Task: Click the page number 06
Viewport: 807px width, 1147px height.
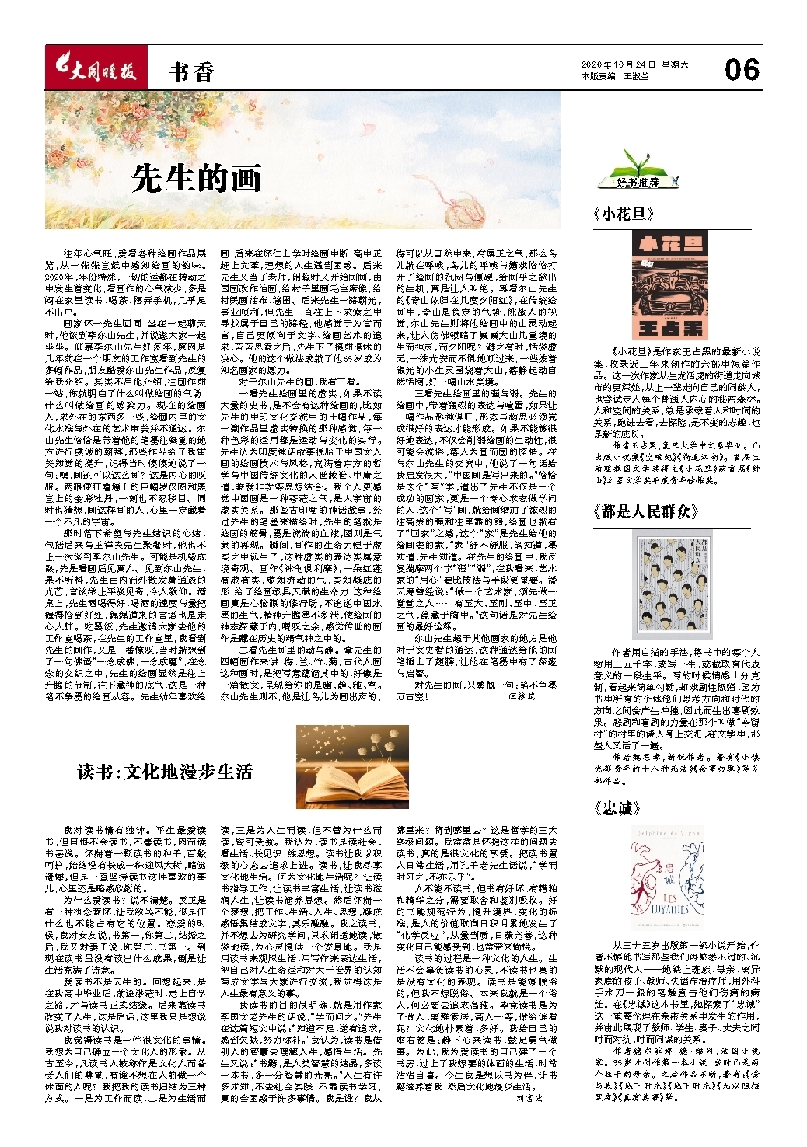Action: click(742, 70)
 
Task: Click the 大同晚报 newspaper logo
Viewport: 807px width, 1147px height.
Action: click(94, 71)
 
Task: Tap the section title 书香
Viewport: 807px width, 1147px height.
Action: click(191, 73)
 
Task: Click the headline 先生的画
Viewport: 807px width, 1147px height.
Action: click(196, 178)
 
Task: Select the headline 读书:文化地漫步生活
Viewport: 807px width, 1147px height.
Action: click(165, 772)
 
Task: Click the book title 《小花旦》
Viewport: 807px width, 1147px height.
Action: click(623, 214)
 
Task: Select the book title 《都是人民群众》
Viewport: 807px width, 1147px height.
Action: click(645, 511)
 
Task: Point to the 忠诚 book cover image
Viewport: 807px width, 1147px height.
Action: click(670, 882)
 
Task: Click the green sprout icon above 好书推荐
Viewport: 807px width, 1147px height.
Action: click(637, 162)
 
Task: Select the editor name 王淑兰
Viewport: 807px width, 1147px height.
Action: click(636, 77)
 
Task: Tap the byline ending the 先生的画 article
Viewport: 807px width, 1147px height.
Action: click(522, 698)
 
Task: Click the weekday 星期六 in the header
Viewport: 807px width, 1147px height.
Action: click(675, 65)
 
